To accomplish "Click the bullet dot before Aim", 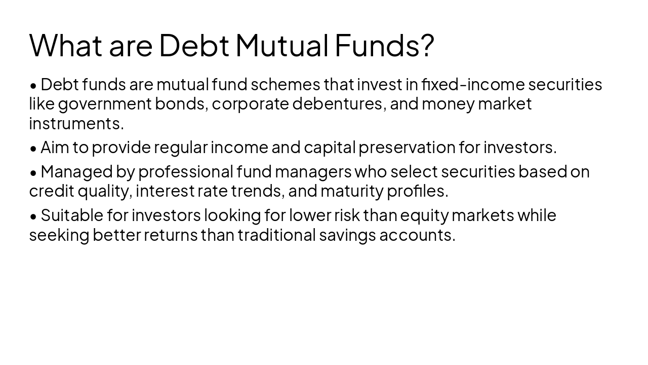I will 33,148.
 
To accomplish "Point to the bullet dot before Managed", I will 33,172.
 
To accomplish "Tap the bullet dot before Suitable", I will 33,216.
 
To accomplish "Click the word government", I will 105,104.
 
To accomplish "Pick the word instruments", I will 76,123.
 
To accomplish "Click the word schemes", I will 286,84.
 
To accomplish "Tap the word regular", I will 181,148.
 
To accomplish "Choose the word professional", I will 185,172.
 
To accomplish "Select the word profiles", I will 417,191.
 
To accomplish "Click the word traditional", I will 276,235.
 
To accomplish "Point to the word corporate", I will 250,104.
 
